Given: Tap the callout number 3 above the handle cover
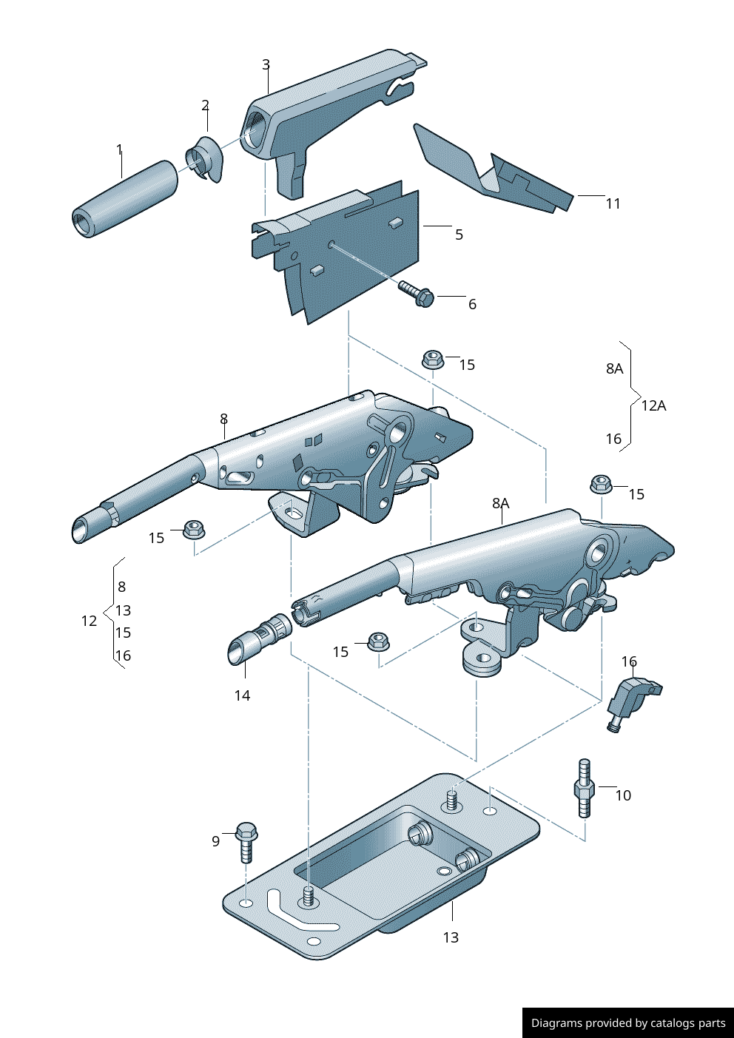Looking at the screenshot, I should [266, 65].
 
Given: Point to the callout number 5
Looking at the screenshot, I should [459, 235].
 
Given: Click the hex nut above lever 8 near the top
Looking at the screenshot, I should [432, 360].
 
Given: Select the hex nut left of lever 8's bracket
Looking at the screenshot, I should [194, 529].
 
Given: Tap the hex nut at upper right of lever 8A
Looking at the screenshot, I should [601, 485].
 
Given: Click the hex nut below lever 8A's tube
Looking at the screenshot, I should [378, 641].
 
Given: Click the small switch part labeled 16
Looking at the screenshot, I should [631, 697].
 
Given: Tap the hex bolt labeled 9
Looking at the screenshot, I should [246, 840].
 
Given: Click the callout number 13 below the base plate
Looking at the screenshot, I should [451, 937].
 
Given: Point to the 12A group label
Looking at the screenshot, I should [653, 405].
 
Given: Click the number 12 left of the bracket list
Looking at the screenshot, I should [89, 621].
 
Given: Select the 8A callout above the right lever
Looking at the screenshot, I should [501, 503].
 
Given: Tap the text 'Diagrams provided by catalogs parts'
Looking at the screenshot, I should [628, 1023].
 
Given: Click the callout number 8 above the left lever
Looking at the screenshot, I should [223, 419].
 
